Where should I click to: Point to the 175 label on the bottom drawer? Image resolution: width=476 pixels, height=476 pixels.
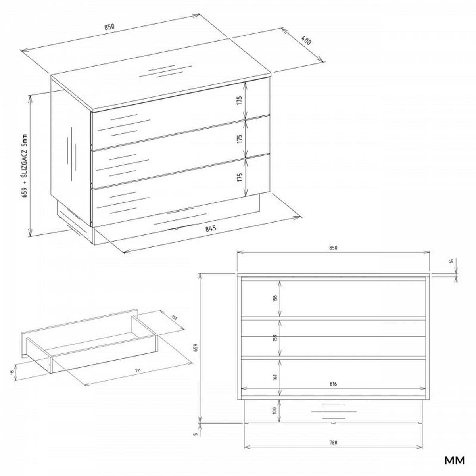(240, 177)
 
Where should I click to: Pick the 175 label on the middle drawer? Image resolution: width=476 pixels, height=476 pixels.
(240, 138)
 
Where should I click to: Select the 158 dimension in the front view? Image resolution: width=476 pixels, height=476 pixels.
(274, 298)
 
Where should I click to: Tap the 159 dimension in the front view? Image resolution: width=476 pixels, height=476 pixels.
(274, 338)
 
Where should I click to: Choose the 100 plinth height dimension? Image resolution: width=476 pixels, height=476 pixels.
(274, 411)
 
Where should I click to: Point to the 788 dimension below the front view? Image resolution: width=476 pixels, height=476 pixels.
(333, 443)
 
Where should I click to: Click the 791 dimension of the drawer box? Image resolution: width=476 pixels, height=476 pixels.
(138, 370)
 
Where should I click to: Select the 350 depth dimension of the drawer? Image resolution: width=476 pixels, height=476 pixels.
(174, 318)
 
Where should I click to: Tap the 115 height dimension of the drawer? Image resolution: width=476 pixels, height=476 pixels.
(12, 372)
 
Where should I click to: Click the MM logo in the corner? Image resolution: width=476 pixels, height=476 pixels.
(454, 461)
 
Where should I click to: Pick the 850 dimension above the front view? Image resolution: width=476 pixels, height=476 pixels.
(333, 248)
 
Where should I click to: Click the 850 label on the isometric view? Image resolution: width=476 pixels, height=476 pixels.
(109, 27)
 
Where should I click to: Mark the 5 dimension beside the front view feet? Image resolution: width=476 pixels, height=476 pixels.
(195, 434)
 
